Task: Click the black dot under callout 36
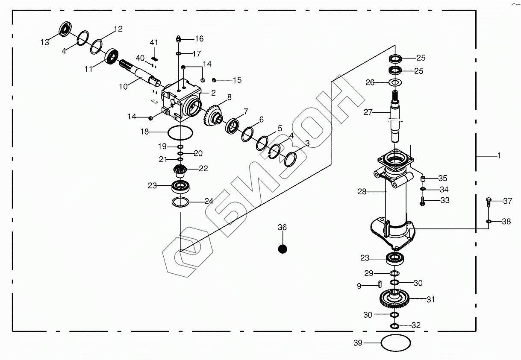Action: [282, 249]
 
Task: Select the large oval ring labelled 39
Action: [395, 343]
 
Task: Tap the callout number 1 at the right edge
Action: [498, 156]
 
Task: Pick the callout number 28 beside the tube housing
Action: [362, 192]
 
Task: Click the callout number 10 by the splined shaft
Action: [123, 86]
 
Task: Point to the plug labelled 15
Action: [215, 79]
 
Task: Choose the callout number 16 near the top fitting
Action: [199, 39]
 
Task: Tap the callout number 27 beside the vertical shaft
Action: [368, 112]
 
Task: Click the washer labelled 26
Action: [395, 82]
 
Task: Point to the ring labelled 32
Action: [395, 326]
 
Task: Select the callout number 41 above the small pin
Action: [154, 43]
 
